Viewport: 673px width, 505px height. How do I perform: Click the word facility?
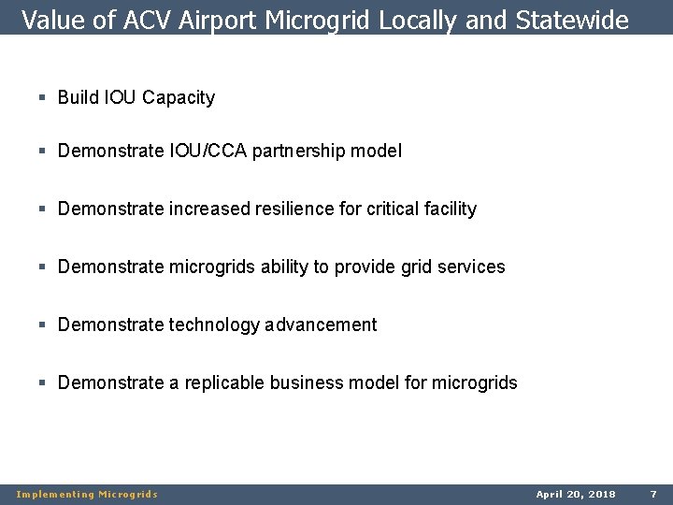[446, 209]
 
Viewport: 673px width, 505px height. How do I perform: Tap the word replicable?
[225, 382]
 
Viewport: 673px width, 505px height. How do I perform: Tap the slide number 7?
[653, 493]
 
